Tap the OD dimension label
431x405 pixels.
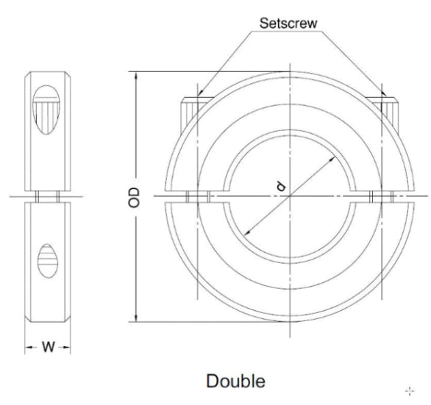[133, 196]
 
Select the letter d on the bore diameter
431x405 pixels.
[280, 187]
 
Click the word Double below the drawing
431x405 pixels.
[235, 382]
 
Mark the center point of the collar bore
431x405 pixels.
[290, 196]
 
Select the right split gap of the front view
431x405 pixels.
[382, 196]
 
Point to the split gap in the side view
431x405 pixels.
[49, 196]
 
